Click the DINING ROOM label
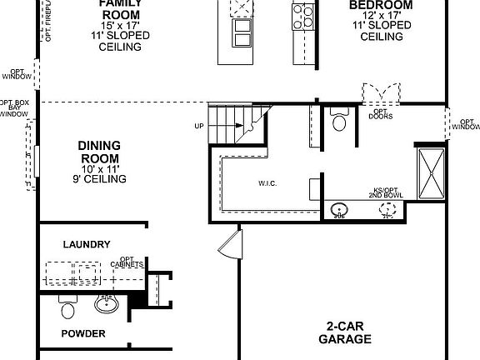(x=99, y=152)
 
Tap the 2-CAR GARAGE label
(x=345, y=332)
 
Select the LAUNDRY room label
(x=87, y=244)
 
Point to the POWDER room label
(x=84, y=333)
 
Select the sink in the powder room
(x=106, y=304)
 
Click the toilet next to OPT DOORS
(x=338, y=122)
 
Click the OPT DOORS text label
(x=380, y=114)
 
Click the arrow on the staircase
(x=240, y=126)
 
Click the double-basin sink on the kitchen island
(x=241, y=33)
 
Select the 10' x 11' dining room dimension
(x=98, y=169)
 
